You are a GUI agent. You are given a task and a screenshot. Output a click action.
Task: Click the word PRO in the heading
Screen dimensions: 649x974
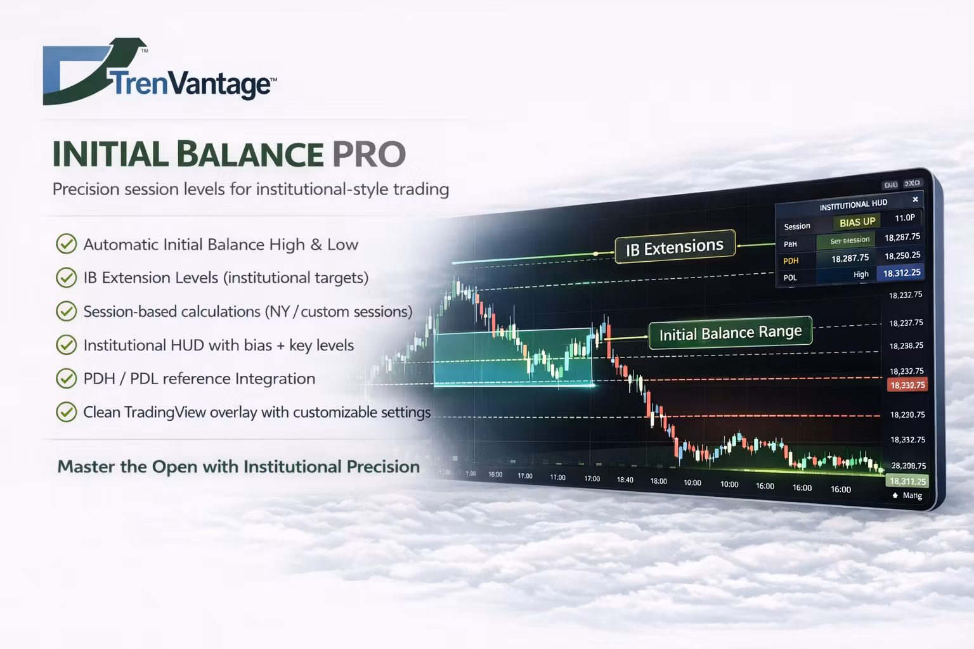tap(368, 154)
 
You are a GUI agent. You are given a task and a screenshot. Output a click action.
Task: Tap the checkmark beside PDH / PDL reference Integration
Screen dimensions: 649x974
tap(66, 378)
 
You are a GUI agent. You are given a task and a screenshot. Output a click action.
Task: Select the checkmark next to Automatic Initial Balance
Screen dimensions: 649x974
tap(66, 244)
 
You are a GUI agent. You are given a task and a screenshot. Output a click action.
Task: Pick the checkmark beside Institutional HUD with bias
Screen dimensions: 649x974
tap(66, 345)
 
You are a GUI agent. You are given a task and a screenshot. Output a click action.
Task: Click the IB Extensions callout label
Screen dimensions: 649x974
tap(674, 247)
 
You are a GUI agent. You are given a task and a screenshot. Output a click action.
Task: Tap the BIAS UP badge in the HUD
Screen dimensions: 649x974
tap(857, 222)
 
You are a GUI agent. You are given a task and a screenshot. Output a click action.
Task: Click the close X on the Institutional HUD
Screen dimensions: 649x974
tap(915, 200)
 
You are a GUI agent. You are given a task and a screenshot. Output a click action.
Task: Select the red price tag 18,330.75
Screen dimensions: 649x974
tap(907, 385)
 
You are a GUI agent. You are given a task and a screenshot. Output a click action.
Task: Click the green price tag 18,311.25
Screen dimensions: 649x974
tap(907, 481)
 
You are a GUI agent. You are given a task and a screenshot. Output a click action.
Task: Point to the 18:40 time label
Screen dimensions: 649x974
tap(625, 480)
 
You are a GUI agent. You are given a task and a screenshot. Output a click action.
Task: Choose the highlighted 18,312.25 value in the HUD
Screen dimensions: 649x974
tap(901, 273)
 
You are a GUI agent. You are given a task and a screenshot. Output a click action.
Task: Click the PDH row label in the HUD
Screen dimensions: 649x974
tap(791, 260)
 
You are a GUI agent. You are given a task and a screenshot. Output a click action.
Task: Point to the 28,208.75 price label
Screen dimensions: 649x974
tap(908, 465)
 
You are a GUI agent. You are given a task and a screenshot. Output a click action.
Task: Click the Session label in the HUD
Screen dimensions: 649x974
tap(797, 226)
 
